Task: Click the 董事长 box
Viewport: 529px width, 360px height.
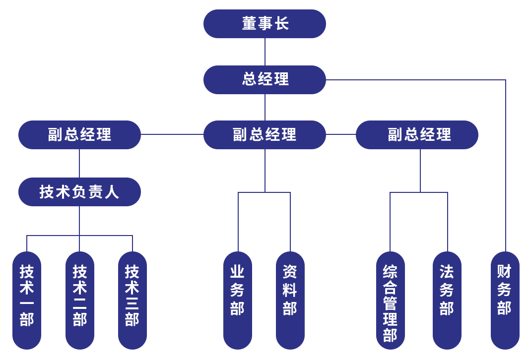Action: (264, 23)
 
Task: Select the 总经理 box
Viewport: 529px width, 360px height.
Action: (264, 79)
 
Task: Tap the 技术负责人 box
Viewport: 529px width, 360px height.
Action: (79, 191)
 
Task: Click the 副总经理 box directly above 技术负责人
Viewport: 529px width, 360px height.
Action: (79, 134)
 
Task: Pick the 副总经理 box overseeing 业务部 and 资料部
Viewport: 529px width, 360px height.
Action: (264, 134)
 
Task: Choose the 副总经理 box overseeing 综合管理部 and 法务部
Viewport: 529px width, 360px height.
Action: (416, 134)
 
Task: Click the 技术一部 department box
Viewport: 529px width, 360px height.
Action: (26, 300)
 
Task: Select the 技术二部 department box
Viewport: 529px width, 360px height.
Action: (79, 300)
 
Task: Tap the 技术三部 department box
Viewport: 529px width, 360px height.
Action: (132, 300)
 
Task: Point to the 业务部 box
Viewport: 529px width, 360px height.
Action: (237, 300)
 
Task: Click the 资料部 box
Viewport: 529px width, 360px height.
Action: (290, 300)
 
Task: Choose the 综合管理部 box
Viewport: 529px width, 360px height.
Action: (390, 300)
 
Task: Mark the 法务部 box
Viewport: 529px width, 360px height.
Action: (447, 300)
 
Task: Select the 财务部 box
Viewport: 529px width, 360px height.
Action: (505, 300)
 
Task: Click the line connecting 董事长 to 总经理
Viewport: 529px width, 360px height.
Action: (264, 52)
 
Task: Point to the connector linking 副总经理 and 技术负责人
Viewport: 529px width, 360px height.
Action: (79, 163)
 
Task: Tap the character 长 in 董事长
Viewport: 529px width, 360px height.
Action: (282, 23)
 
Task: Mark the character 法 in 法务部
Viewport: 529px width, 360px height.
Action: (447, 272)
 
